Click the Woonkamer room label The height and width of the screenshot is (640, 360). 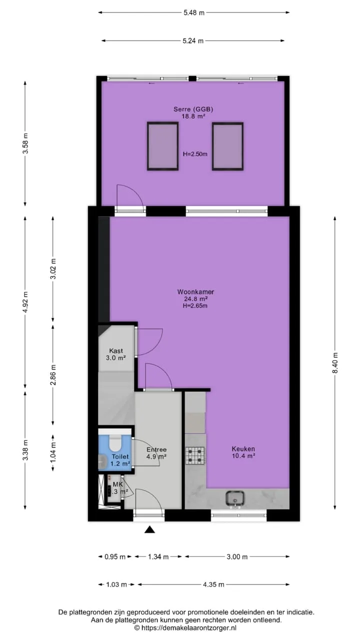(195, 291)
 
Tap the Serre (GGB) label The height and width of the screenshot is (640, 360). (193, 109)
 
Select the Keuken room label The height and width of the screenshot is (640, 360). (243, 449)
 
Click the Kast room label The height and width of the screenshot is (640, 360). (116, 351)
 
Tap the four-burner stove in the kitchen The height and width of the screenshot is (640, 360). (195, 455)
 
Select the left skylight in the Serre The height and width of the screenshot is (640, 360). (163, 146)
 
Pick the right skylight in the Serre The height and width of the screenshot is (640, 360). (227, 146)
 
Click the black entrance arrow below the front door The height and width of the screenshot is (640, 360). (149, 530)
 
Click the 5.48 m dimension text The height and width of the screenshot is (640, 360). (194, 12)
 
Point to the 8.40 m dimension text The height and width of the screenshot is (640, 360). (335, 362)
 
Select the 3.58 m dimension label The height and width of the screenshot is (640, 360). (25, 143)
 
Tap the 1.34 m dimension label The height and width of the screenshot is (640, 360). (158, 556)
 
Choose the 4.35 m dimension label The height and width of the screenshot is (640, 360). (213, 584)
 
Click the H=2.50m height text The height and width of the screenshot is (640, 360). (195, 154)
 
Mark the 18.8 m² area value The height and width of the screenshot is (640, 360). (193, 116)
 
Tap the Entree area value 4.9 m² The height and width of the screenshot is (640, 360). (156, 456)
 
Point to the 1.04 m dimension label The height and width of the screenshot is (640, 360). (53, 453)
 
